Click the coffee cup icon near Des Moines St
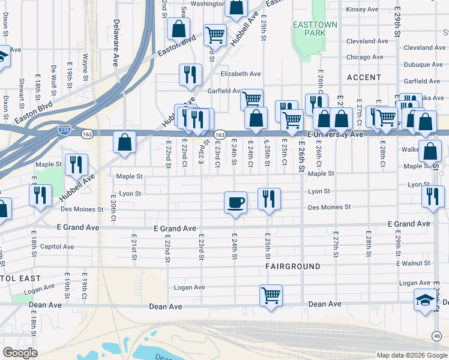(x=235, y=202)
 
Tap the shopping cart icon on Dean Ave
(x=271, y=295)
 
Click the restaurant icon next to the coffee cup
(x=268, y=199)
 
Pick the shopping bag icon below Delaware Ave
(x=124, y=143)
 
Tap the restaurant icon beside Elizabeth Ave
(x=190, y=74)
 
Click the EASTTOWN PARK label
(x=315, y=29)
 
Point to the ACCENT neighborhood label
(x=364, y=77)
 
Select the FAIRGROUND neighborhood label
(x=293, y=265)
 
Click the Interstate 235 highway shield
(x=64, y=129)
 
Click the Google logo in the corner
(x=20, y=352)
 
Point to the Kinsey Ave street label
(x=362, y=10)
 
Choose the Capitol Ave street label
(x=56, y=247)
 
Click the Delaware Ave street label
(x=116, y=44)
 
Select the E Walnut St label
(x=414, y=263)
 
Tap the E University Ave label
(x=336, y=134)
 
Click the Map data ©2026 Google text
(x=411, y=355)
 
